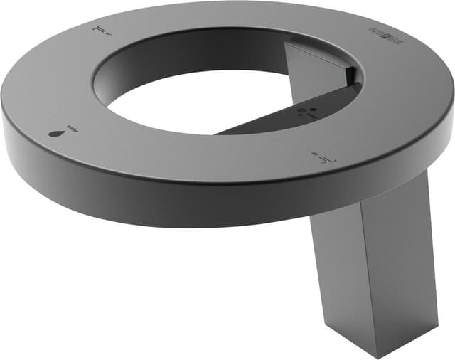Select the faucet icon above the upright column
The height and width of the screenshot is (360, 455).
(320, 157)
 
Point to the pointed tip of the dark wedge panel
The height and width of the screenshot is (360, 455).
(216, 132)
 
